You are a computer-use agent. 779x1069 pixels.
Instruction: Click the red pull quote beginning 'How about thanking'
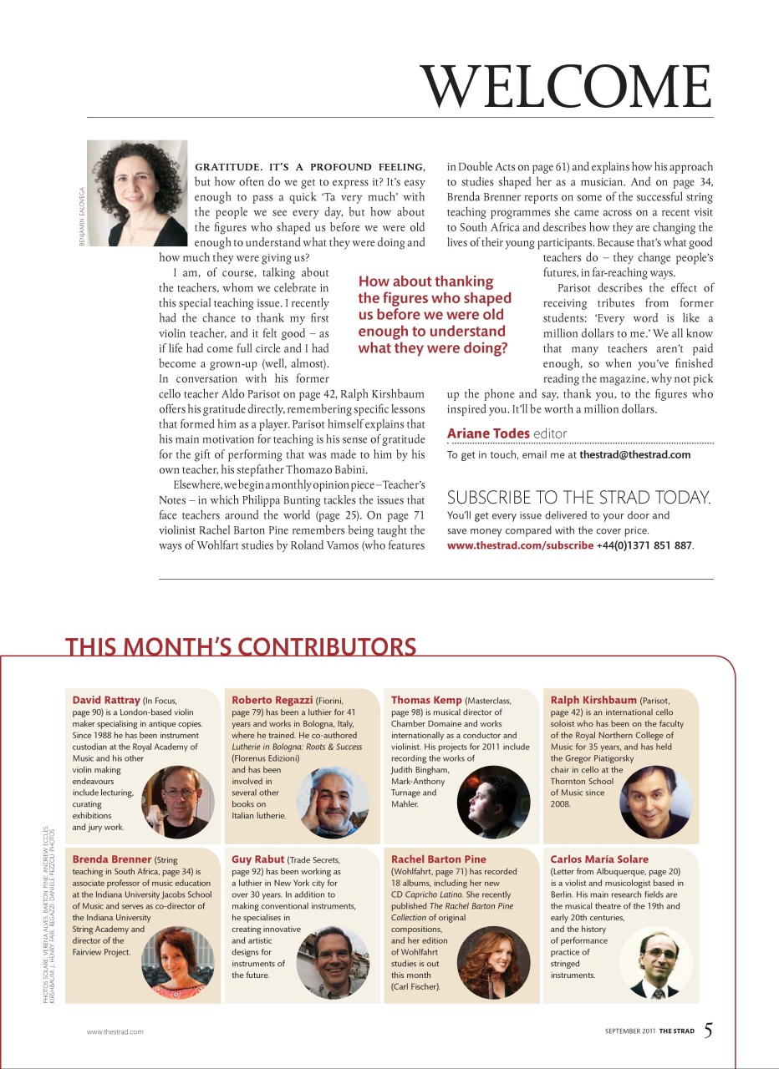pyautogui.click(x=435, y=315)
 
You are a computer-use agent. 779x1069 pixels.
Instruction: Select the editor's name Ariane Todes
pyautogui.click(x=488, y=433)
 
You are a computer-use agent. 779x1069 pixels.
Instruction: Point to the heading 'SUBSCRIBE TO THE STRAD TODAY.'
pyautogui.click(x=579, y=498)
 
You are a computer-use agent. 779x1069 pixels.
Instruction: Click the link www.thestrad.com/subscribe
pyautogui.click(x=520, y=545)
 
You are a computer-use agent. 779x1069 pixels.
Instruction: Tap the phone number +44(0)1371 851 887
pyautogui.click(x=644, y=545)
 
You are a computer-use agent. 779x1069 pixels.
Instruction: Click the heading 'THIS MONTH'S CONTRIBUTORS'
pyautogui.click(x=241, y=647)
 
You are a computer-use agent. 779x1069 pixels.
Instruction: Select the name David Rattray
pyautogui.click(x=106, y=700)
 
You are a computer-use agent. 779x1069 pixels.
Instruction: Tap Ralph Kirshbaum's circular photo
pyautogui.click(x=655, y=803)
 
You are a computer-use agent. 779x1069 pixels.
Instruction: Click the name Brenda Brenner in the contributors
pyautogui.click(x=112, y=859)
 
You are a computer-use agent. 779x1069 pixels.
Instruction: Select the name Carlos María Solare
pyautogui.click(x=599, y=859)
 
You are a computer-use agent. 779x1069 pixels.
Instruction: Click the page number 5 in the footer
pyautogui.click(x=708, y=1030)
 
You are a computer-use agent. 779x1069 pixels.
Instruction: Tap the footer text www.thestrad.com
pyautogui.click(x=115, y=1031)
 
